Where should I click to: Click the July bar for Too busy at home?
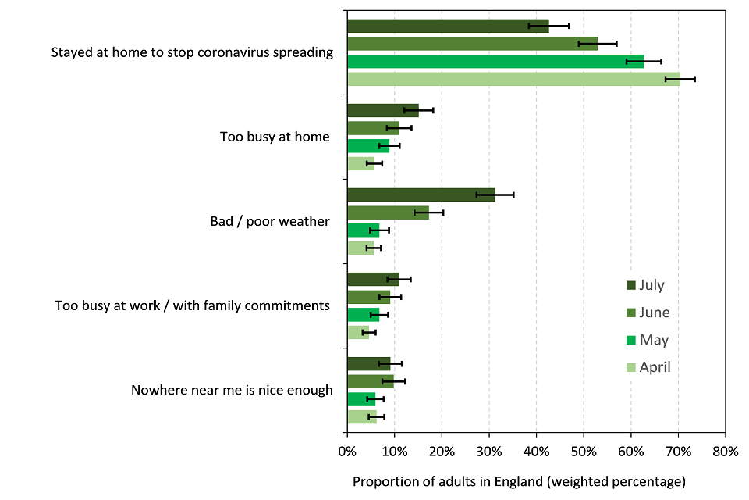point(382,110)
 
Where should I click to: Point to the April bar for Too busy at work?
point(358,332)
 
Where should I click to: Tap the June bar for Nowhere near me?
point(370,381)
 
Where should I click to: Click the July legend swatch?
point(631,285)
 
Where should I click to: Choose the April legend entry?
point(655,367)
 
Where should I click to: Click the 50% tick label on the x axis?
point(583,452)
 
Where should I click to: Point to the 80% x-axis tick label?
point(725,452)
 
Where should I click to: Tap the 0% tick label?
point(347,452)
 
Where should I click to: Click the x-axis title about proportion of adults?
point(519,480)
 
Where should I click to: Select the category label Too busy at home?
point(275,137)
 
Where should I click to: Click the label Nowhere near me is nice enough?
point(232,390)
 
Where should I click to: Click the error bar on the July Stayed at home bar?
point(548,26)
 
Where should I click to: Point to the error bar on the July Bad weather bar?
point(495,195)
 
